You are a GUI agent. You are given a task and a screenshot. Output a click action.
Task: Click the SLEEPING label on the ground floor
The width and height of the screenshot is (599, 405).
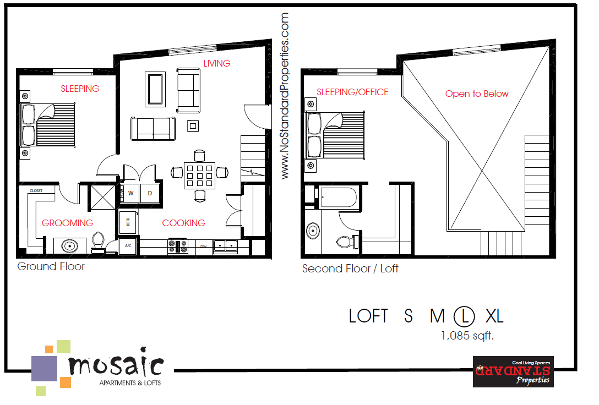(x=80, y=89)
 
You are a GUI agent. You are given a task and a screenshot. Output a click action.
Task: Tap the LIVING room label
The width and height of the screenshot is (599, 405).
(x=216, y=63)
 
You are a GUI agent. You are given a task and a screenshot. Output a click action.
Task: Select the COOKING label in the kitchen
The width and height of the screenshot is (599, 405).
(x=183, y=223)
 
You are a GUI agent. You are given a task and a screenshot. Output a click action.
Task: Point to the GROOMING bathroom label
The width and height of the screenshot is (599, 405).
(x=67, y=223)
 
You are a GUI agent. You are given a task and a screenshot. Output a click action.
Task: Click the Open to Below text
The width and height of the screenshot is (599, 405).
(x=477, y=94)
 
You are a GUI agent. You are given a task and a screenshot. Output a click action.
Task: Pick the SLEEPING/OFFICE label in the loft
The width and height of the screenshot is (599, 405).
(x=352, y=92)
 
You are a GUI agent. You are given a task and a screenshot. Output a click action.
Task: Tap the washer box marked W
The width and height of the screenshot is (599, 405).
(x=131, y=193)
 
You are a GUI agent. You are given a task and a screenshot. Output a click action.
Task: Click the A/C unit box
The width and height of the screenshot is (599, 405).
(x=128, y=246)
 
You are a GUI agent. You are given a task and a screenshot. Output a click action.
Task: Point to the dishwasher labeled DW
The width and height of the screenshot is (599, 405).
(x=203, y=247)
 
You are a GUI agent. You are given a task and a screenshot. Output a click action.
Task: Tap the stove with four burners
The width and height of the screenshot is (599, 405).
(x=178, y=246)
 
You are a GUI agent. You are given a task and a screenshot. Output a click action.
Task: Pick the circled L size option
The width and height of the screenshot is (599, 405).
(x=465, y=316)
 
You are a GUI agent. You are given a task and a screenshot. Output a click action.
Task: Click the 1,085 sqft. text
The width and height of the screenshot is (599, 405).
(x=467, y=335)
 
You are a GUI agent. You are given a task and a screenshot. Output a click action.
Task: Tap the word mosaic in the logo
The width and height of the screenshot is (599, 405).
(x=116, y=364)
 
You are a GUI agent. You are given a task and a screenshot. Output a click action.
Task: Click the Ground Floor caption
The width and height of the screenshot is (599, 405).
(x=51, y=266)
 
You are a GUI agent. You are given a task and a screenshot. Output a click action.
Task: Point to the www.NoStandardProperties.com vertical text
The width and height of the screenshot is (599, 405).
(x=285, y=96)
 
